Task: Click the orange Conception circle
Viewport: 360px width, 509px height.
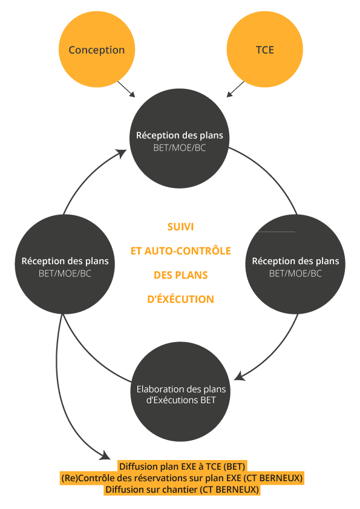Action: coord(96,50)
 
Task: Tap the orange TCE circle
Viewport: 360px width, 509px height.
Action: coord(264,50)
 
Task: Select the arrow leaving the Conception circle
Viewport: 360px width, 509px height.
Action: coord(126,89)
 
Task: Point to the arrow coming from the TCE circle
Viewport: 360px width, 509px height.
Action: coord(235,89)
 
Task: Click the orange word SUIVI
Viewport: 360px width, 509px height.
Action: coord(180,227)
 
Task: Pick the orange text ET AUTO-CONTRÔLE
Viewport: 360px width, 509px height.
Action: coord(181,251)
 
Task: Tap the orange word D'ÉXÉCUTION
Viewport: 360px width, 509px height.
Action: coord(181,299)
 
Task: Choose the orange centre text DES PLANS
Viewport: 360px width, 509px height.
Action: coord(181,275)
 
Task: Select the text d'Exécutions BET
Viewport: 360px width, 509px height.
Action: coord(181,400)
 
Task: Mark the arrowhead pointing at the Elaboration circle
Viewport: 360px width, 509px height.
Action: coord(240,376)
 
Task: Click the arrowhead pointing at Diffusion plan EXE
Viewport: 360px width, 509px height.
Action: coord(105,455)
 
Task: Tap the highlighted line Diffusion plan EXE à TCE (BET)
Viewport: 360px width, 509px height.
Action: coord(182,467)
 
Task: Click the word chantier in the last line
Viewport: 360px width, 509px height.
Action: coord(180,489)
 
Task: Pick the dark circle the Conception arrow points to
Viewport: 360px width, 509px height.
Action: coord(180,138)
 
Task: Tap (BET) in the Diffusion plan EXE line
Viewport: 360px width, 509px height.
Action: coord(234,467)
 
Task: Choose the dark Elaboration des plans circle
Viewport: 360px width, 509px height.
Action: coord(181,391)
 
